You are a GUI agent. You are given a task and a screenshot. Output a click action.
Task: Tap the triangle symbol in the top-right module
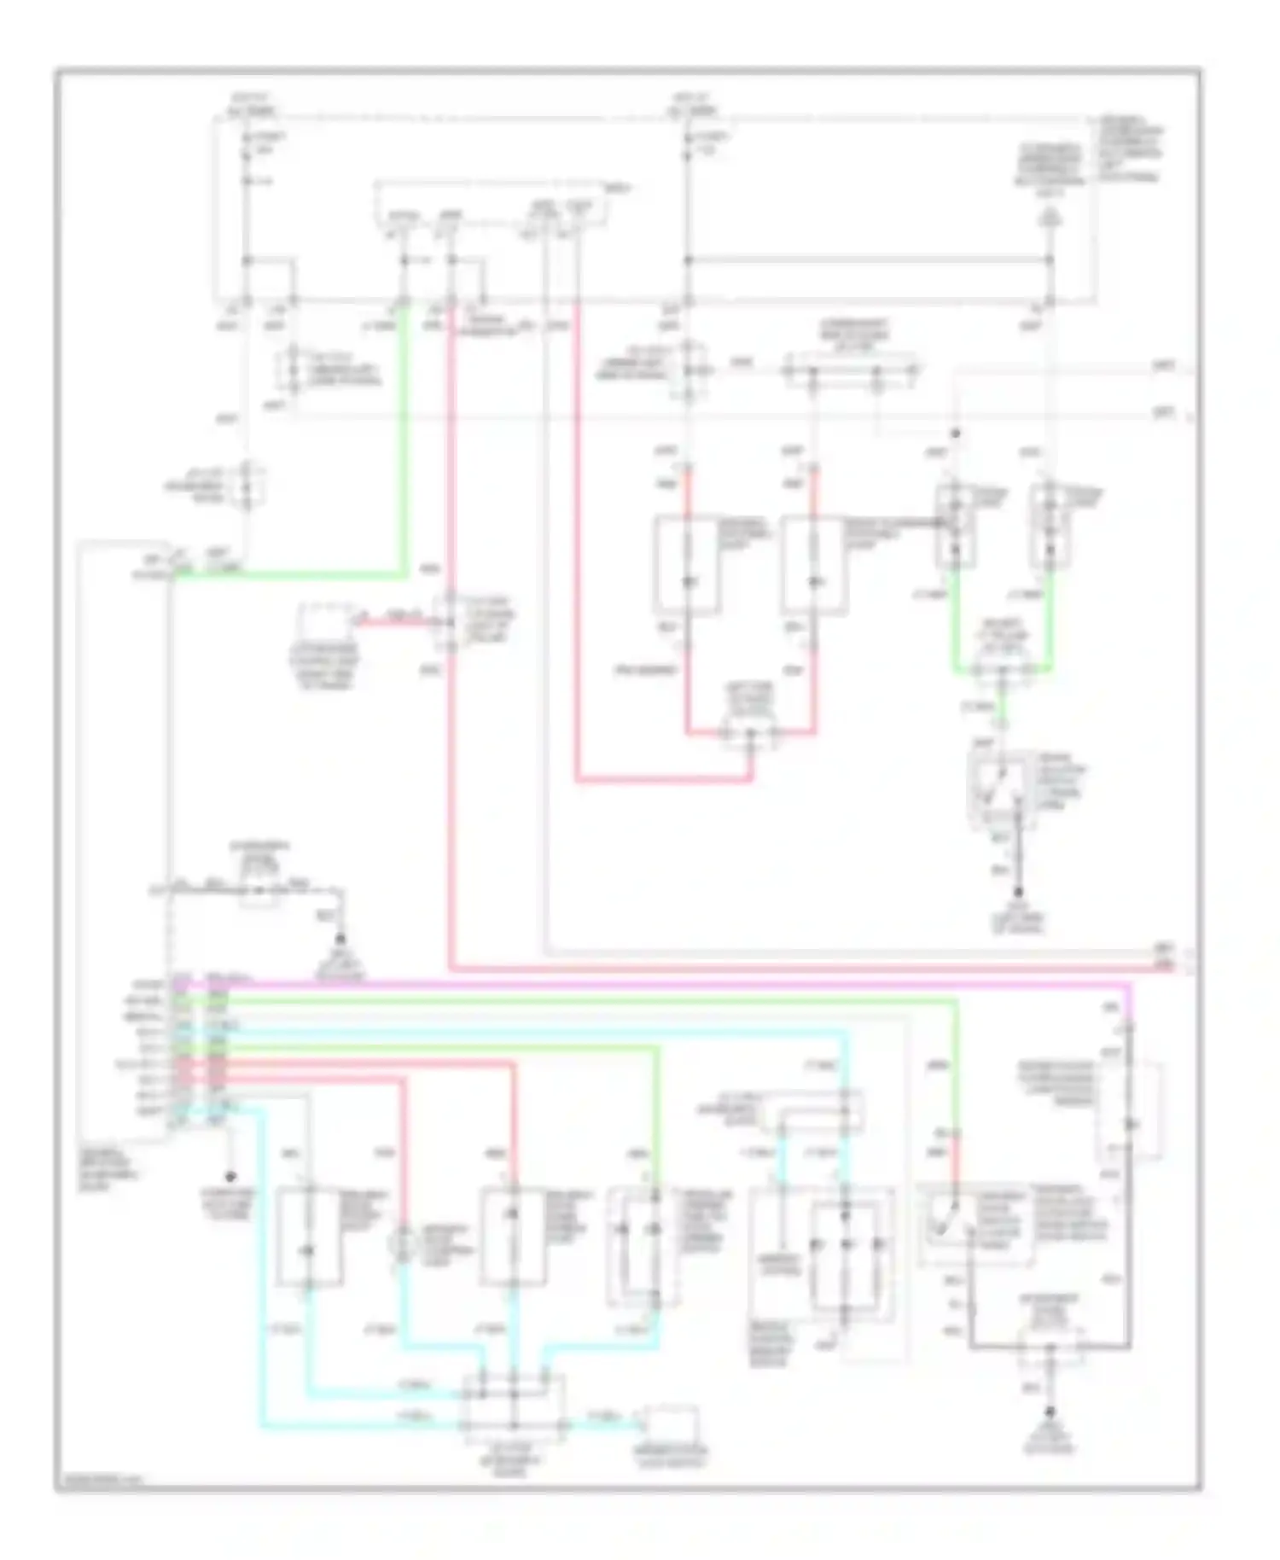(1050, 219)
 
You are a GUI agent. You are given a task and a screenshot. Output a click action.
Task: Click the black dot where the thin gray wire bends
(956, 434)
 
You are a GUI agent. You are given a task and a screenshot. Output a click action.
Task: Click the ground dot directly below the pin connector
(230, 1176)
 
